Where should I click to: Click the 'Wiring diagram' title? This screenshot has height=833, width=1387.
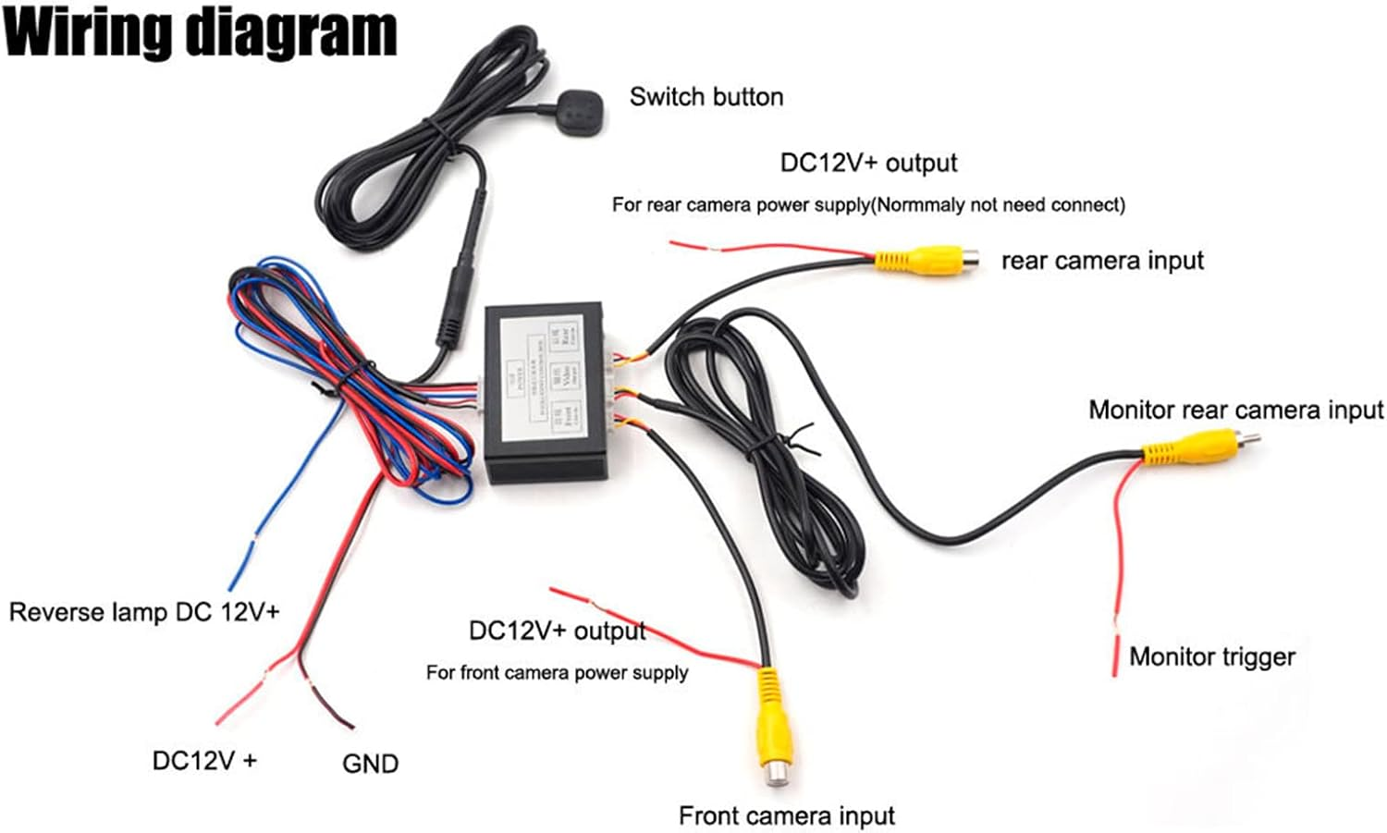coord(201,33)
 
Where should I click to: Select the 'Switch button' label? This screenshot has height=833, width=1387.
coord(706,97)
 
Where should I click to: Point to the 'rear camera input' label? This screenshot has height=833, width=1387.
coord(1102,261)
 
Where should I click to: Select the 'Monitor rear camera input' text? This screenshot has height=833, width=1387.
coord(1235,410)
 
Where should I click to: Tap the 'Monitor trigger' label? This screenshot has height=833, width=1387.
coord(1211,656)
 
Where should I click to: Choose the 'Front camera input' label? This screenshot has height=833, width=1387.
coord(786,815)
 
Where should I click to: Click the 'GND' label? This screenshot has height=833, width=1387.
coord(370,764)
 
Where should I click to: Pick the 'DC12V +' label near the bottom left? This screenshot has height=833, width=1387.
coord(204,760)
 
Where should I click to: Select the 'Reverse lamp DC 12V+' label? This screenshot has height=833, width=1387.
coord(144,612)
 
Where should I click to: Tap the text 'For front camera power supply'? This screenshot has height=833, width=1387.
coord(557,673)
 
